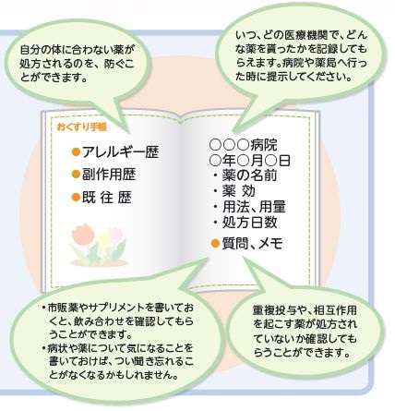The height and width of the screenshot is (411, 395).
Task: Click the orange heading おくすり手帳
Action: pos(82,127)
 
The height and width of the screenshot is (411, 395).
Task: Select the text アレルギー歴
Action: pos(120,152)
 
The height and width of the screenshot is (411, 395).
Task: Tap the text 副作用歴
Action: pos(109,175)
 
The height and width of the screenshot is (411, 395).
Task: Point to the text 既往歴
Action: pos(106,198)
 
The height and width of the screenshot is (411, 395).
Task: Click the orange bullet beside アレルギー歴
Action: pos(76,152)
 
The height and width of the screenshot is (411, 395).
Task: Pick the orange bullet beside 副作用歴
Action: pos(76,175)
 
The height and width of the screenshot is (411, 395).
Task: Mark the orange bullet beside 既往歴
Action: pos(76,198)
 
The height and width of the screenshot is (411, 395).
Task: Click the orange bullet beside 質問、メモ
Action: pos(215,244)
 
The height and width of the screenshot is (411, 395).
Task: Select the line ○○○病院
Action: pos(243,144)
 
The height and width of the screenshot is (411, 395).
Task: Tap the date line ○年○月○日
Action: pos(250,160)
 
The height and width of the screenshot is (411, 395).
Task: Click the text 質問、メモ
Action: pos(252,244)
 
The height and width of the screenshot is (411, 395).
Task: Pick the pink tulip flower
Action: pos(115,235)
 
